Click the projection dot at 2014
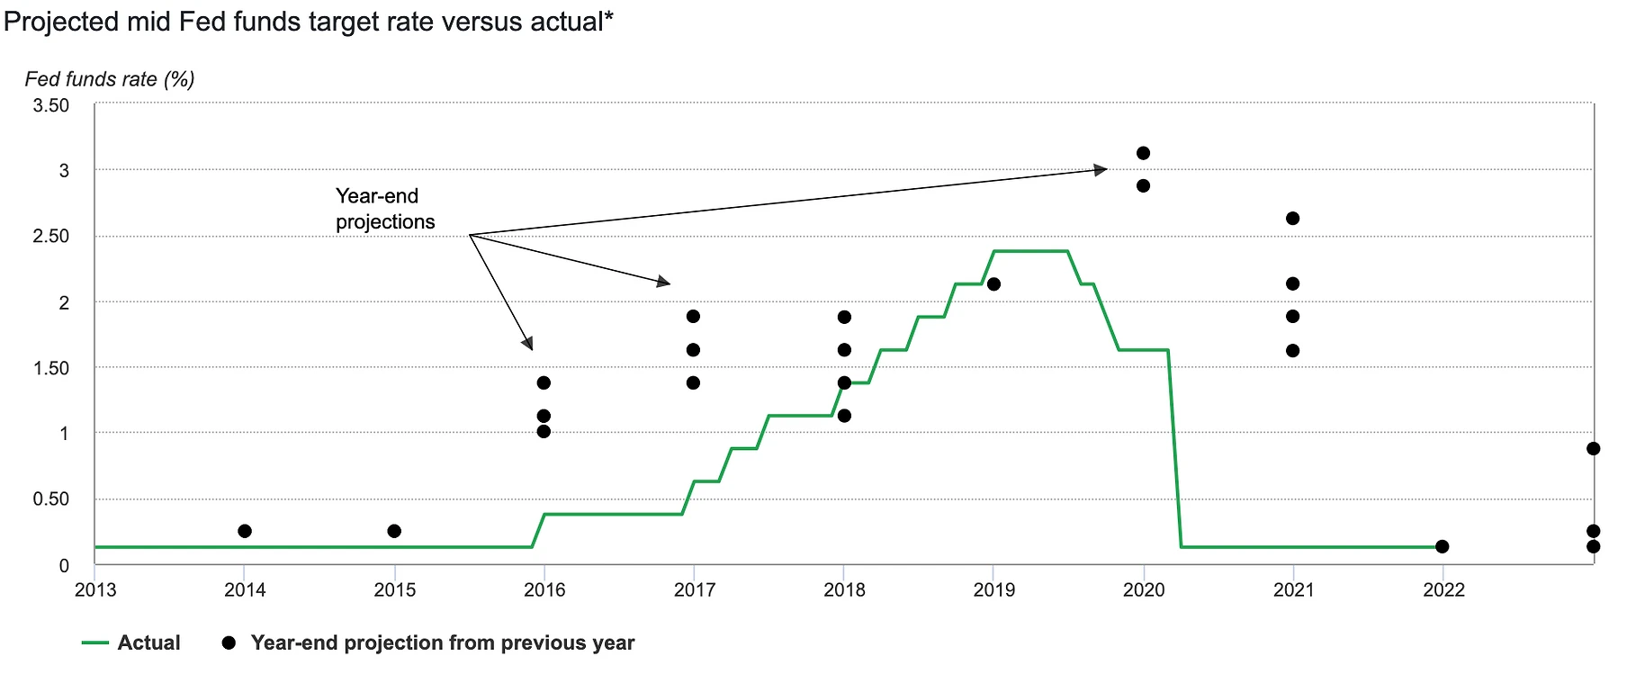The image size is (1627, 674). click(x=244, y=531)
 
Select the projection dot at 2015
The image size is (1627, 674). click(x=394, y=531)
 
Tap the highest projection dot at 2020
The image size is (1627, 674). click(x=1143, y=153)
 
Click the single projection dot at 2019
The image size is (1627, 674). click(x=993, y=284)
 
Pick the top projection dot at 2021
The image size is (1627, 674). click(x=1293, y=219)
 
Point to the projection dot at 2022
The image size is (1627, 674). click(x=1443, y=546)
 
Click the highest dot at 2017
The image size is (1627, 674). click(x=693, y=317)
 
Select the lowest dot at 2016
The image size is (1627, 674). click(x=544, y=432)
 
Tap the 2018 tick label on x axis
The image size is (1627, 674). click(x=844, y=590)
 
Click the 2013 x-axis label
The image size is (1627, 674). click(x=95, y=590)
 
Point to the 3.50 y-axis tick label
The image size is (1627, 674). click(x=51, y=106)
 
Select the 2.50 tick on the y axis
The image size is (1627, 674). click(x=51, y=237)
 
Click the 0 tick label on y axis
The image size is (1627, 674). click(x=64, y=566)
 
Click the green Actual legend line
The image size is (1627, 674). click(x=95, y=643)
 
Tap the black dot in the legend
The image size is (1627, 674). click(x=229, y=643)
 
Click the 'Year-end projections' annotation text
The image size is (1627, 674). click(x=385, y=209)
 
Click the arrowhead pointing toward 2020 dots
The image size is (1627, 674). click(x=1101, y=169)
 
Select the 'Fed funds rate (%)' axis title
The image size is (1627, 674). click(x=110, y=79)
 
